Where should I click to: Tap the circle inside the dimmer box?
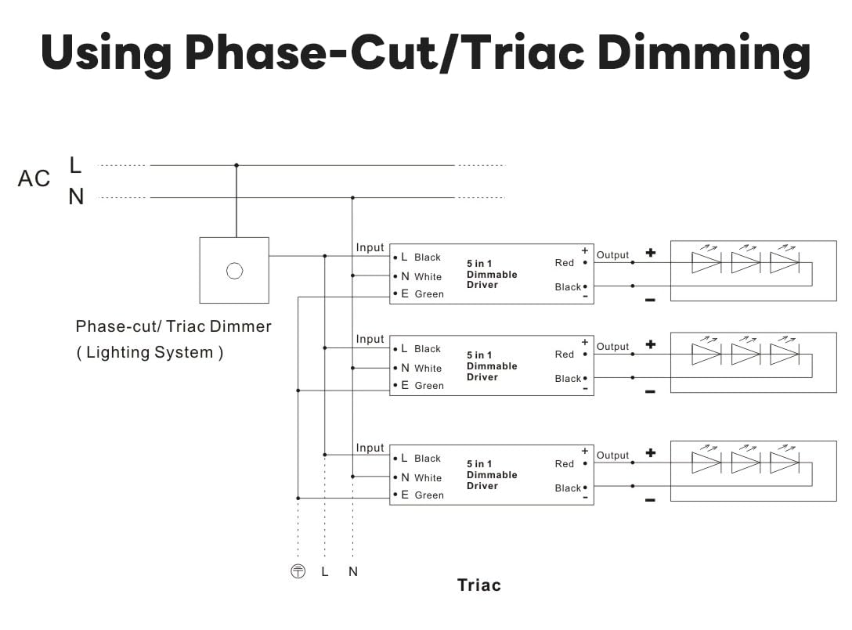point(234,271)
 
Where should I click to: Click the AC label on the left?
point(34,179)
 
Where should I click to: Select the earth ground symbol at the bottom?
point(298,571)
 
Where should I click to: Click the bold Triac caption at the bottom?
point(478,585)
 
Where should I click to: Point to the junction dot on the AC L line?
point(236,165)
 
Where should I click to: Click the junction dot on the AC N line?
point(352,197)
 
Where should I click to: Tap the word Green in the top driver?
point(429,294)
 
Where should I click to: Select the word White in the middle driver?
point(428,369)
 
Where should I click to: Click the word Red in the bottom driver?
point(565,464)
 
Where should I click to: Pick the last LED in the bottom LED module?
point(783,463)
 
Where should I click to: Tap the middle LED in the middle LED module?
point(745,354)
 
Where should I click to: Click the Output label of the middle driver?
point(612,347)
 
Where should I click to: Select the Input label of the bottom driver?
point(370,448)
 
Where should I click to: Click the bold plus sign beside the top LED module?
point(650,253)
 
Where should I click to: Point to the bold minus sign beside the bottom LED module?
point(650,499)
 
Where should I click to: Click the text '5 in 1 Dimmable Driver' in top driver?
point(492,274)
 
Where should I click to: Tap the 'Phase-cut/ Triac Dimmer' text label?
point(173,326)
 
